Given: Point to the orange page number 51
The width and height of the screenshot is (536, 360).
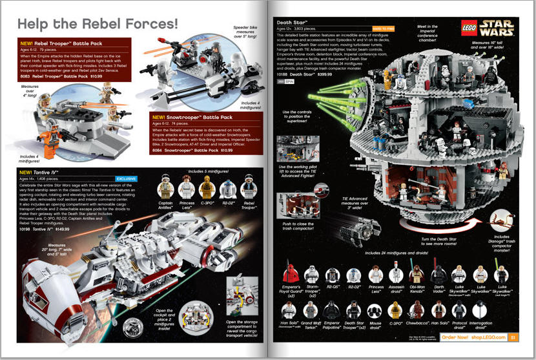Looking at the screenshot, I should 512,336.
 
